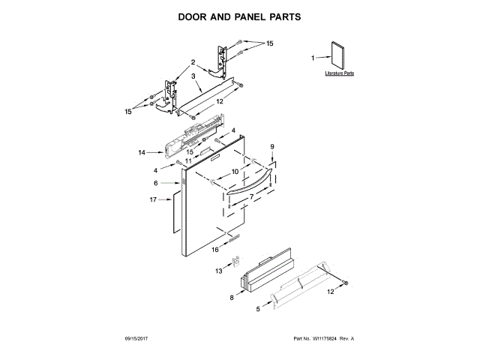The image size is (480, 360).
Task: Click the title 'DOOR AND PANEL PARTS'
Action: coord(239,15)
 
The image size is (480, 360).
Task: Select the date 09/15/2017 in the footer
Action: coord(139,339)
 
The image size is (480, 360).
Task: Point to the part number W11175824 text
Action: coord(322,339)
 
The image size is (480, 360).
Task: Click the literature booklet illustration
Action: coord(338,56)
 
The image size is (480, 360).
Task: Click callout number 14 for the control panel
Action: coord(142,152)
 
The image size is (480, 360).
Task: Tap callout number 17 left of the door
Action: coord(153,199)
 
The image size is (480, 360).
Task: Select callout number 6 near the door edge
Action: coord(156,183)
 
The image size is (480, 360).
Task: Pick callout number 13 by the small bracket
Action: coord(220,271)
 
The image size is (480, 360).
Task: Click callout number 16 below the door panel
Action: coord(214,249)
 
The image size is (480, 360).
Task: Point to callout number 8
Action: coord(231,298)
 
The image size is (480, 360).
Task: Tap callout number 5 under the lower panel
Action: coord(258,308)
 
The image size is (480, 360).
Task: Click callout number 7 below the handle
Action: coord(251,196)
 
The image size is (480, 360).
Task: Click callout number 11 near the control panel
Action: coord(188,160)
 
